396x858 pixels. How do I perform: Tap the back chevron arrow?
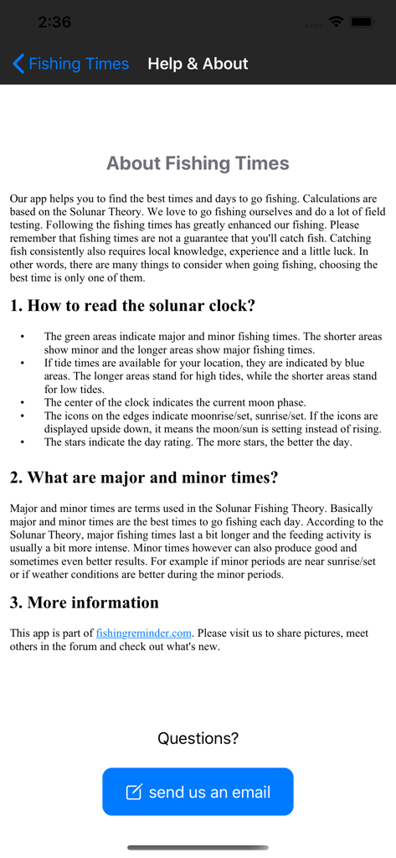coord(18,64)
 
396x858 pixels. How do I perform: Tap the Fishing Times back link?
coord(79,64)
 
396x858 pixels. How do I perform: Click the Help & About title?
coord(198,64)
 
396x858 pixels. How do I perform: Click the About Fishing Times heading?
coord(198,163)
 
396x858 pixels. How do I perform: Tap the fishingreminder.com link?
coord(144,633)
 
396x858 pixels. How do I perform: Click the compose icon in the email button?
coord(134,792)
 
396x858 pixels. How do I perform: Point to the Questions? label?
coord(198,738)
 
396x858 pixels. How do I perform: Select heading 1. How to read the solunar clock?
coord(132,306)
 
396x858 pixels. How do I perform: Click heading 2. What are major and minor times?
coord(144,478)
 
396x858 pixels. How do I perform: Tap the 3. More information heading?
coord(85,602)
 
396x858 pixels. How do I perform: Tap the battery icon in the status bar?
coord(363,22)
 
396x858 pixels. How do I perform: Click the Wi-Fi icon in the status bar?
coord(337,22)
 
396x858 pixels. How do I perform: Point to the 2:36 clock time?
coord(54,22)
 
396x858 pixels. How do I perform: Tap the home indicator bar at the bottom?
coord(198,847)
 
